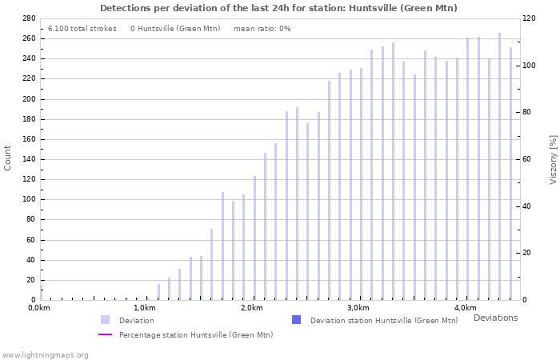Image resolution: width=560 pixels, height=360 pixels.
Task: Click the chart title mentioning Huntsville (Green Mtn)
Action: [278, 8]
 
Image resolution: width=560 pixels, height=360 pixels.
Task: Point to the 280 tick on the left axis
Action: [28, 18]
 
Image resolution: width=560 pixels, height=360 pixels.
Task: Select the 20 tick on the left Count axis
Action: [30, 280]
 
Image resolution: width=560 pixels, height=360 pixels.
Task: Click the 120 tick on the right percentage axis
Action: [530, 18]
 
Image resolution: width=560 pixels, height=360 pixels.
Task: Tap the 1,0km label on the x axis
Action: [144, 308]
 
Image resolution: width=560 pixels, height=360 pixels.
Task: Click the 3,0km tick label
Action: [358, 308]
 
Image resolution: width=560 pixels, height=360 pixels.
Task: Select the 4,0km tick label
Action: [465, 308]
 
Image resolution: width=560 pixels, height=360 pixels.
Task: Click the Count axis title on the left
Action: [8, 158]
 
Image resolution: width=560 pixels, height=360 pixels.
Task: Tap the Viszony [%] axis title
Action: [552, 159]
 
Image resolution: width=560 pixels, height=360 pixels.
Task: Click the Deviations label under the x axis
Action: [495, 318]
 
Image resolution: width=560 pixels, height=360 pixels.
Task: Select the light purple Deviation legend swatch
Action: [105, 320]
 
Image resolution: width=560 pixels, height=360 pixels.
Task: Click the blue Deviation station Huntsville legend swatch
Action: [296, 320]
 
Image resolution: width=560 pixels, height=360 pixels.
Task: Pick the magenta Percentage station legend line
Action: [105, 334]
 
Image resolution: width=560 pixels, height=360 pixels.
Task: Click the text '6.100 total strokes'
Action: [82, 29]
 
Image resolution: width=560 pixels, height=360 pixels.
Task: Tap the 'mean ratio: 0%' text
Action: [262, 29]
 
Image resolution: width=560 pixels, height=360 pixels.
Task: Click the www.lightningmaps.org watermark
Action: [45, 354]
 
